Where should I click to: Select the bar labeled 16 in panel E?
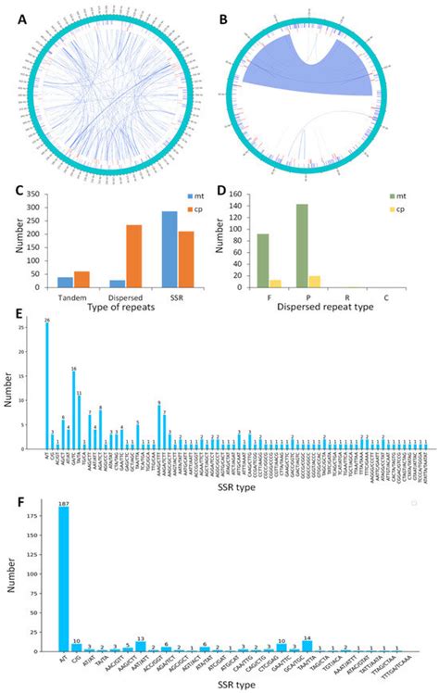[x=74, y=410]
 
